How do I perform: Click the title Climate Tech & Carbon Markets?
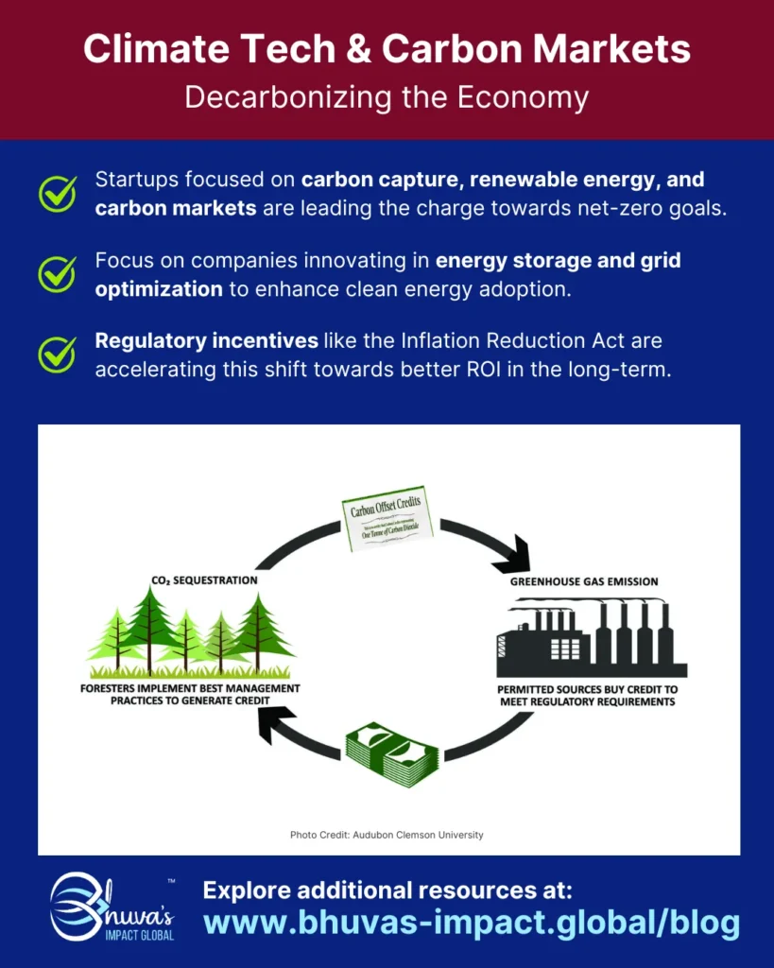pyautogui.click(x=387, y=49)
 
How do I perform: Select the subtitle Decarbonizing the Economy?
pyautogui.click(x=387, y=97)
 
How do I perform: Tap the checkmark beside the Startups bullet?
pyautogui.click(x=58, y=193)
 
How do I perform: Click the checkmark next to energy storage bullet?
pyautogui.click(x=58, y=273)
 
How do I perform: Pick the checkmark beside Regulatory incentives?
pyautogui.click(x=58, y=354)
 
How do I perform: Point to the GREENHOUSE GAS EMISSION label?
pyautogui.click(x=584, y=581)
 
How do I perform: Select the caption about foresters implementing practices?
pyautogui.click(x=190, y=695)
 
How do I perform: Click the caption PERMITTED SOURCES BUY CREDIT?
pyautogui.click(x=588, y=695)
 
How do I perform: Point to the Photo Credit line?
pyautogui.click(x=387, y=835)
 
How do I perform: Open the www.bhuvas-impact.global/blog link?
pyautogui.click(x=470, y=924)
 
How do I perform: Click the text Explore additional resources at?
pyautogui.click(x=387, y=890)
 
